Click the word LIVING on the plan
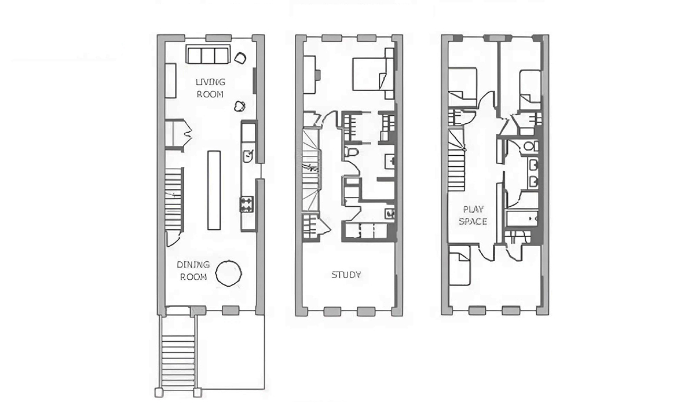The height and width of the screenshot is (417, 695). tap(210, 82)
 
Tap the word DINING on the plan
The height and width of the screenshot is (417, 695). tap(193, 265)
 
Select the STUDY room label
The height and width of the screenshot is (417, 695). tap(346, 275)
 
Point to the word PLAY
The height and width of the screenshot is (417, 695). tap(473, 210)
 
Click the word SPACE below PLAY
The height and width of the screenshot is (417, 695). tap(473, 221)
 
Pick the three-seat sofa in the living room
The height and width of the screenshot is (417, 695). tap(208, 54)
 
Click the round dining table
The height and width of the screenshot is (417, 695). tap(229, 273)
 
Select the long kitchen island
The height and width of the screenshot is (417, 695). tap(214, 190)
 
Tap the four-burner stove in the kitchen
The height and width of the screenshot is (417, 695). tap(247, 204)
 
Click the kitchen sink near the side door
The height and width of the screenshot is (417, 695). tap(248, 156)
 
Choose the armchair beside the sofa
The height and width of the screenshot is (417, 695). tap(240, 58)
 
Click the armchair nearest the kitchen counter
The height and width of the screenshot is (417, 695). tap(240, 106)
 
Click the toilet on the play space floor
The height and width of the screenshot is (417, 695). tap(531, 145)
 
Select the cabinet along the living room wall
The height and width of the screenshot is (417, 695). tap(170, 81)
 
